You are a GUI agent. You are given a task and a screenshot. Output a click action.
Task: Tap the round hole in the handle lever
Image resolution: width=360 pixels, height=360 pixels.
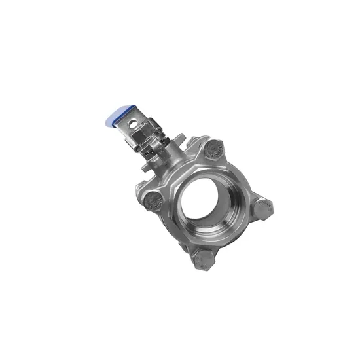136,122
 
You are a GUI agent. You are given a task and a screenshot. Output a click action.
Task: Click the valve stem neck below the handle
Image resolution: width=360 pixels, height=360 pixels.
168,157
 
